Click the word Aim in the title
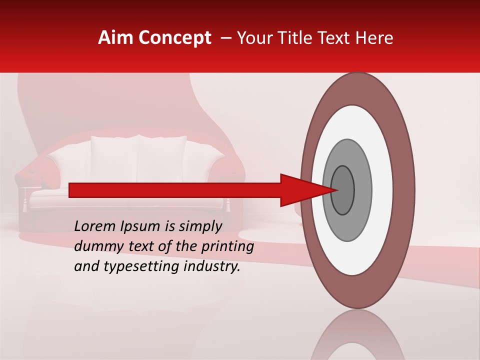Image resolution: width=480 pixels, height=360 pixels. click(114, 38)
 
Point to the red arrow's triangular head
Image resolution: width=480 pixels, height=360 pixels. click(305, 190)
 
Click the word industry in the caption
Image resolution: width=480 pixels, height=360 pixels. click(212, 266)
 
